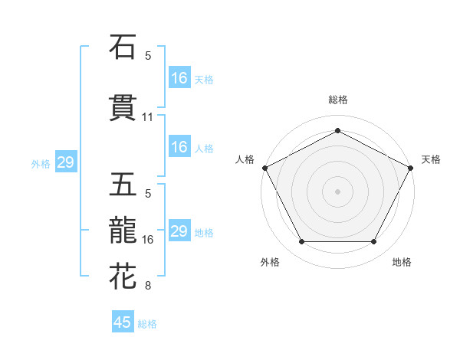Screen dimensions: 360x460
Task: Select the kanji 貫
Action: point(123,108)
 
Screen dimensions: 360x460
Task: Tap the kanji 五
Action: point(123,185)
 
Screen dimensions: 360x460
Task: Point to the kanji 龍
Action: point(123,230)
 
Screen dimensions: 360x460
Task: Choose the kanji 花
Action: point(123,276)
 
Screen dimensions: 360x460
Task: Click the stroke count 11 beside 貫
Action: point(148,117)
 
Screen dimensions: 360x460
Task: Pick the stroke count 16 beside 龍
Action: point(148,240)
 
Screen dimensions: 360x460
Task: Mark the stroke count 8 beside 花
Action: point(148,286)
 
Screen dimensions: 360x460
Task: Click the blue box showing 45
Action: point(123,322)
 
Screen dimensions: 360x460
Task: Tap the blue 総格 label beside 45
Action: point(147,324)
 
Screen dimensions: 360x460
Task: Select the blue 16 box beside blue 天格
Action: point(179,77)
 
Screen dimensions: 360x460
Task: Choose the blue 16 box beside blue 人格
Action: point(179,147)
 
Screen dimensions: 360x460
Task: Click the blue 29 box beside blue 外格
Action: point(65,162)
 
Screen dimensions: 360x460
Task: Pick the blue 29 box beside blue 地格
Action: point(179,231)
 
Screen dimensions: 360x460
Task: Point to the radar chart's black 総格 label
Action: point(338,100)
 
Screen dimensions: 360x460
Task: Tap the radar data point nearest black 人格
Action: point(264,167)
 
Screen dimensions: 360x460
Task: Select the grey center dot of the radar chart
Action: point(338,191)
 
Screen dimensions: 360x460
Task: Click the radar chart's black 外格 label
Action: point(270,263)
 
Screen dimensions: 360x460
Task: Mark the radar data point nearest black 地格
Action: point(374,242)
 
